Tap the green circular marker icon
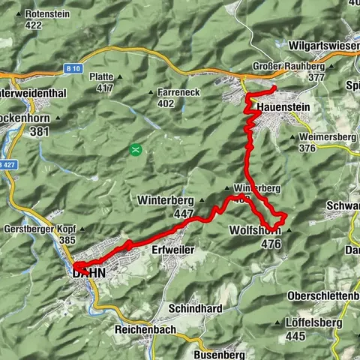tap(135, 149)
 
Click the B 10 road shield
tap(73, 69)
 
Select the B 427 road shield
tap(6, 164)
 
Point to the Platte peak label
tap(101, 76)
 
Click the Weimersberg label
tap(326, 137)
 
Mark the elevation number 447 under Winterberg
tap(183, 214)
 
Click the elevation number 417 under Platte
tap(104, 88)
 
